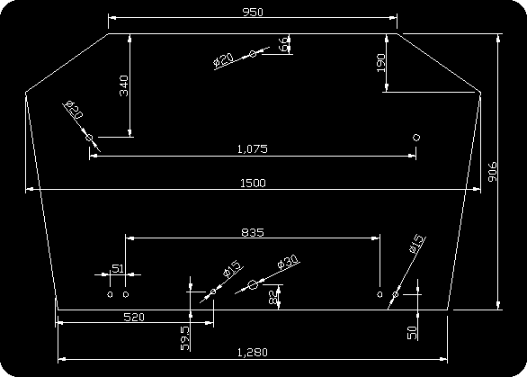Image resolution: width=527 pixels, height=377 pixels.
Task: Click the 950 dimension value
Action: (253, 12)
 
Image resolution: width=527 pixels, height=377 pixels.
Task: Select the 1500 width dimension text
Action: (253, 184)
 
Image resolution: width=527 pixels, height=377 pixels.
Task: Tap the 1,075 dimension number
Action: (253, 148)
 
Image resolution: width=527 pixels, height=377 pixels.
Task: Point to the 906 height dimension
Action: (493, 172)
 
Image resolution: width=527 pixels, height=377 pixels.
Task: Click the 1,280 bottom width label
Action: (253, 353)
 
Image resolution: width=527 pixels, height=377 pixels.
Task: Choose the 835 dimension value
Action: (253, 232)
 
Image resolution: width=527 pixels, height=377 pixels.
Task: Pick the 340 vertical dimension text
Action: (124, 85)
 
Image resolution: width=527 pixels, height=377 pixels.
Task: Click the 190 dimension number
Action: (380, 63)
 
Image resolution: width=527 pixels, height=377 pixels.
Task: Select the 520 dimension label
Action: (134, 317)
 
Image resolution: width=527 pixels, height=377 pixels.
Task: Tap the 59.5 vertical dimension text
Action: (185, 338)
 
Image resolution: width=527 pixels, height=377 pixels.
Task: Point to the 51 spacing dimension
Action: (118, 269)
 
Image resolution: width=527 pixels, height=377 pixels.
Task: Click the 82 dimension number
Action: (274, 297)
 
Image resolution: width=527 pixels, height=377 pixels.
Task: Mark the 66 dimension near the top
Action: (283, 44)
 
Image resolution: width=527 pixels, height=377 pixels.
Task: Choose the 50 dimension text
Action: (413, 333)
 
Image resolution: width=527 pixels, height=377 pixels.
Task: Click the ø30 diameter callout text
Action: (288, 262)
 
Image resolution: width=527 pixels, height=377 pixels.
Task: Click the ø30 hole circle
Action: (253, 285)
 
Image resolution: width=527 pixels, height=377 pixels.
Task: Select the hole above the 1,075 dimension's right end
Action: (416, 137)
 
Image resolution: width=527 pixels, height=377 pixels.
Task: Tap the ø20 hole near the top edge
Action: (253, 53)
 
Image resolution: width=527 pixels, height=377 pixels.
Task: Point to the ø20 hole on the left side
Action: (89, 138)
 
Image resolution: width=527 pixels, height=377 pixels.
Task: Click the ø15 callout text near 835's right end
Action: (416, 244)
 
